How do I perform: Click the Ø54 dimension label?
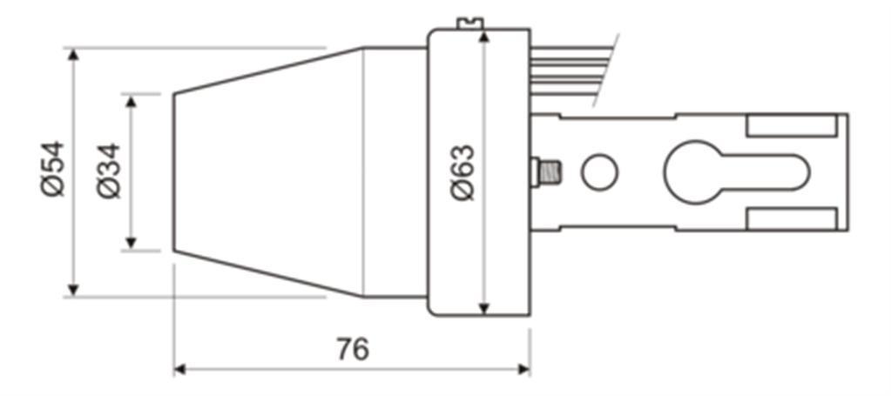tap(53, 170)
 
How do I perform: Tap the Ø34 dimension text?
tap(109, 171)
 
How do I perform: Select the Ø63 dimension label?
tap(462, 172)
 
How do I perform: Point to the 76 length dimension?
tap(353, 349)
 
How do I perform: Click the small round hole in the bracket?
tap(600, 172)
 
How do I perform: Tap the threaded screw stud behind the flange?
tap(546, 172)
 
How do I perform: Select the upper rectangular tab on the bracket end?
tap(792, 125)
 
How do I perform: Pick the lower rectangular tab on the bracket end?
tap(792, 218)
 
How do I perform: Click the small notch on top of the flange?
tap(469, 23)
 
